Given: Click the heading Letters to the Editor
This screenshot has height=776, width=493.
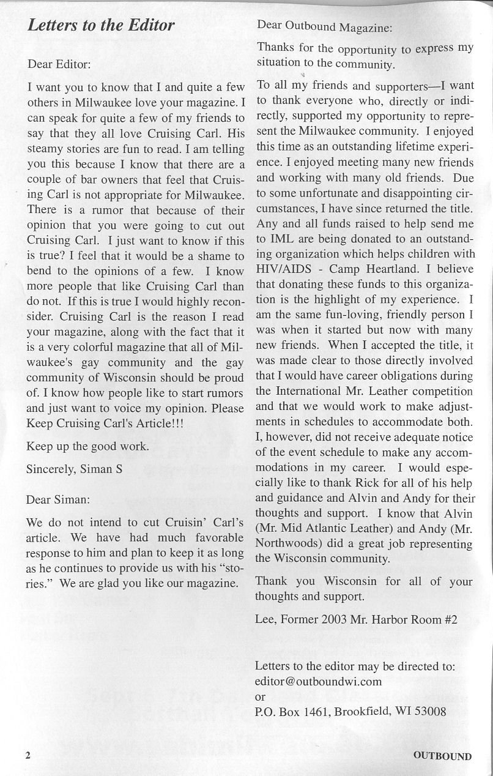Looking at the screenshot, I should click(102, 25).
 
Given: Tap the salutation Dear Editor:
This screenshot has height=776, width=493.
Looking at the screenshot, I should click(59, 63).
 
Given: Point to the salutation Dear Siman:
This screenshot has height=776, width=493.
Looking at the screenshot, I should click(58, 499).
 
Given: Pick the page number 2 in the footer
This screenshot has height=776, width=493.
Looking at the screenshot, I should click(28, 755).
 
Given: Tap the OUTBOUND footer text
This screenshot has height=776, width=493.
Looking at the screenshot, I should click(442, 755).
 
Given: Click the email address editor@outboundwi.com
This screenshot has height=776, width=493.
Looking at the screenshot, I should click(318, 681).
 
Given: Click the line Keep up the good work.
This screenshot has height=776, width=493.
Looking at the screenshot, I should click(87, 446).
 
